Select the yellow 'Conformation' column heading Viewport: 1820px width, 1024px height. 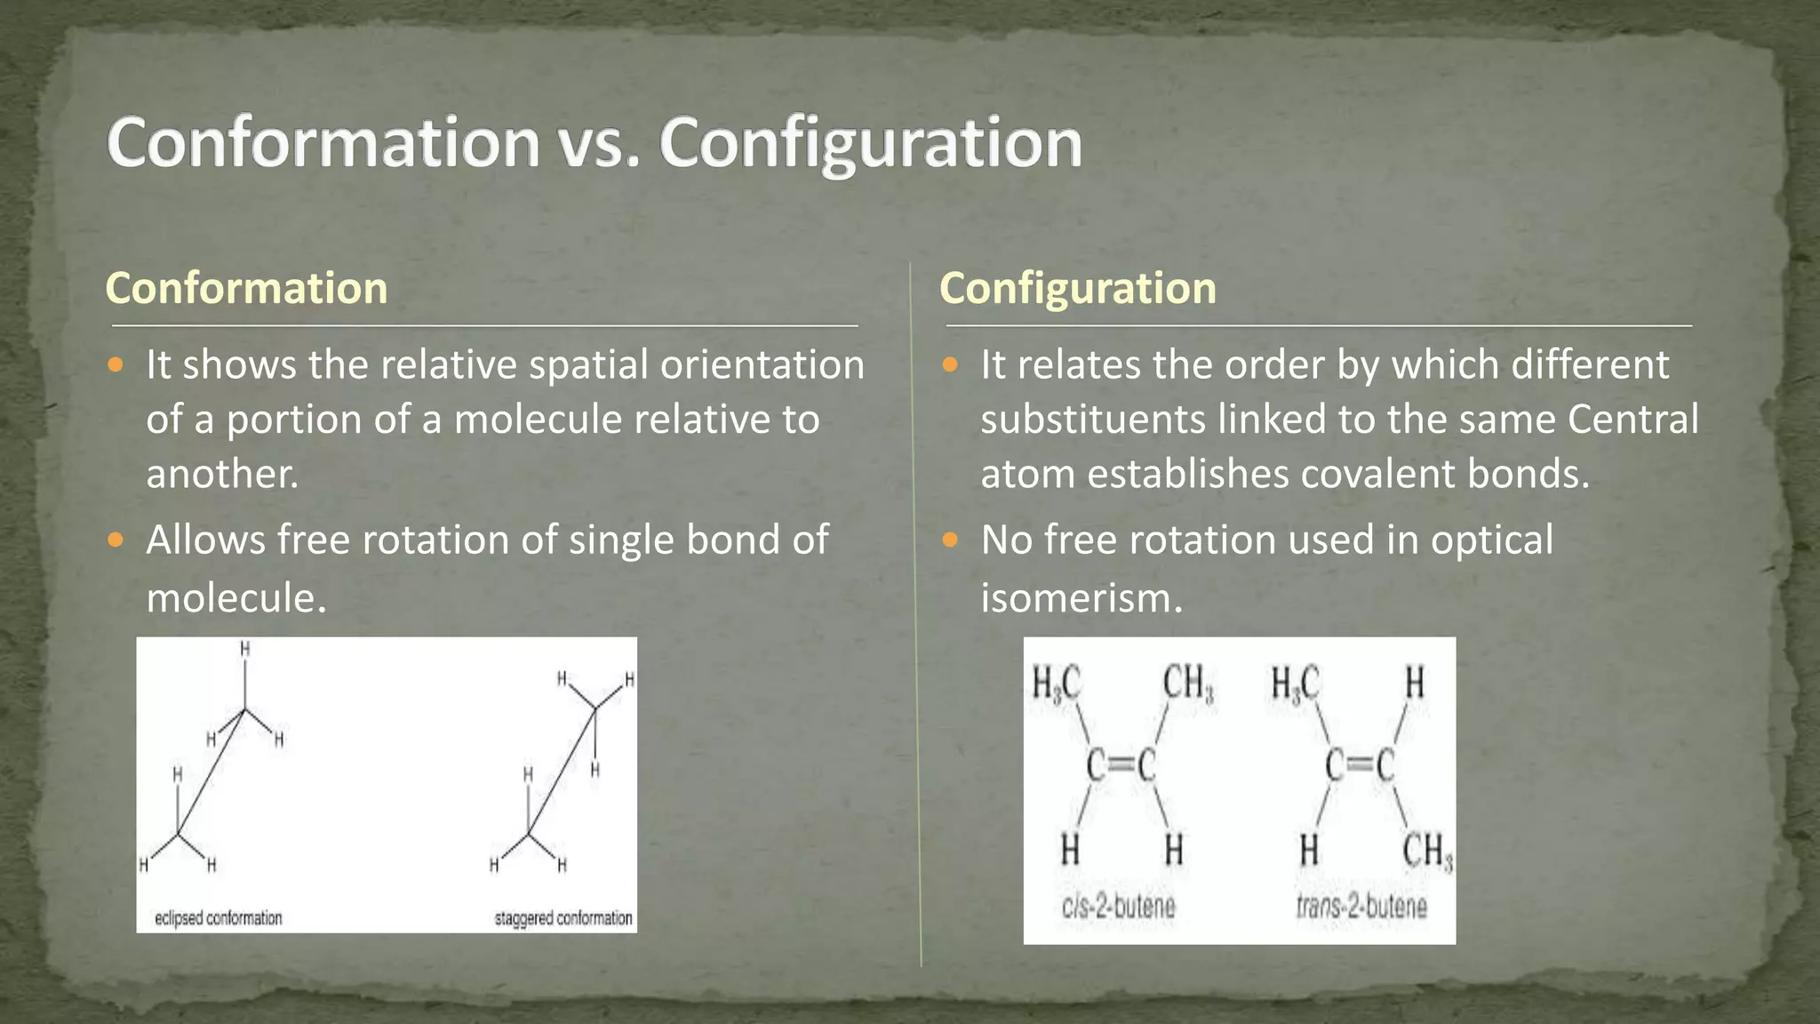click(x=246, y=288)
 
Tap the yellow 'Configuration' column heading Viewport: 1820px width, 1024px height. click(x=1077, y=288)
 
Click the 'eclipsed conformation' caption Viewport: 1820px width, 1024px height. click(x=218, y=917)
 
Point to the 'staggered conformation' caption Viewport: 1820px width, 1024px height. click(x=563, y=917)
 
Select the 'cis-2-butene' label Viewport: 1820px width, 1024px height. click(x=1118, y=907)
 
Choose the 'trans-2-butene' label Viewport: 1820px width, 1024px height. click(x=1361, y=907)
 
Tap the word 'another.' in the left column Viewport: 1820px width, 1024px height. click(x=222, y=474)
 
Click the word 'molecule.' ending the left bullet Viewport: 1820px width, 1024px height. click(x=236, y=597)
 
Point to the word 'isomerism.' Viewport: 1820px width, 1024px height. click(x=1082, y=597)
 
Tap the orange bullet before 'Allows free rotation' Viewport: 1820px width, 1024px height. click(x=116, y=540)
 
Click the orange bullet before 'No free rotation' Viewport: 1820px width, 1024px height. click(x=950, y=540)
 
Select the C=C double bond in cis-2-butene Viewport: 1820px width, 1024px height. click(x=1121, y=765)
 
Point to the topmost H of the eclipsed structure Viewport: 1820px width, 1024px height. click(x=245, y=650)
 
